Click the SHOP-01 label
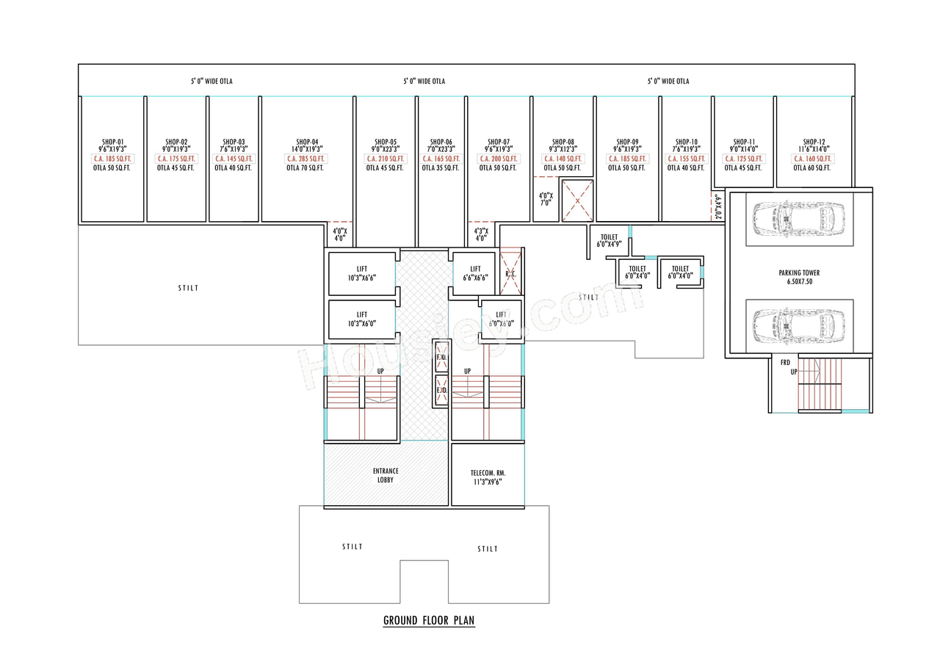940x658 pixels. coord(113,142)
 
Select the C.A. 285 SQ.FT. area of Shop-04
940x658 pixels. coord(306,159)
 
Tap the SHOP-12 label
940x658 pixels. coord(814,142)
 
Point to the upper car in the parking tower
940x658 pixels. coord(800,218)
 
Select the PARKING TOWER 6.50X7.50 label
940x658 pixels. coord(799,277)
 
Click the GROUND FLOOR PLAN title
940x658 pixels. coord(429,621)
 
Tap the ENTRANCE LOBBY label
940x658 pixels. coord(386,475)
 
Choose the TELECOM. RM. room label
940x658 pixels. coord(488,478)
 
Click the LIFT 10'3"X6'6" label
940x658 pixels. coord(362,274)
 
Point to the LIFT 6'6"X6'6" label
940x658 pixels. coord(475,274)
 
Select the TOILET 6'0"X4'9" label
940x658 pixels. coord(609,240)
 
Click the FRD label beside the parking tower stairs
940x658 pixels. coord(785,362)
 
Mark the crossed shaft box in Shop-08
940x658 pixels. coord(576,200)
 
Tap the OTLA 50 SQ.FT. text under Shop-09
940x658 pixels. coord(627,168)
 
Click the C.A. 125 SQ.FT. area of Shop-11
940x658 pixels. coord(743,159)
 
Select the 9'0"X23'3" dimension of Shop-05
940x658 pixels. coord(385,150)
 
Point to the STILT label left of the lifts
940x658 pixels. coord(188,289)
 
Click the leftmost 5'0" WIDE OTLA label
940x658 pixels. coord(211,82)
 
